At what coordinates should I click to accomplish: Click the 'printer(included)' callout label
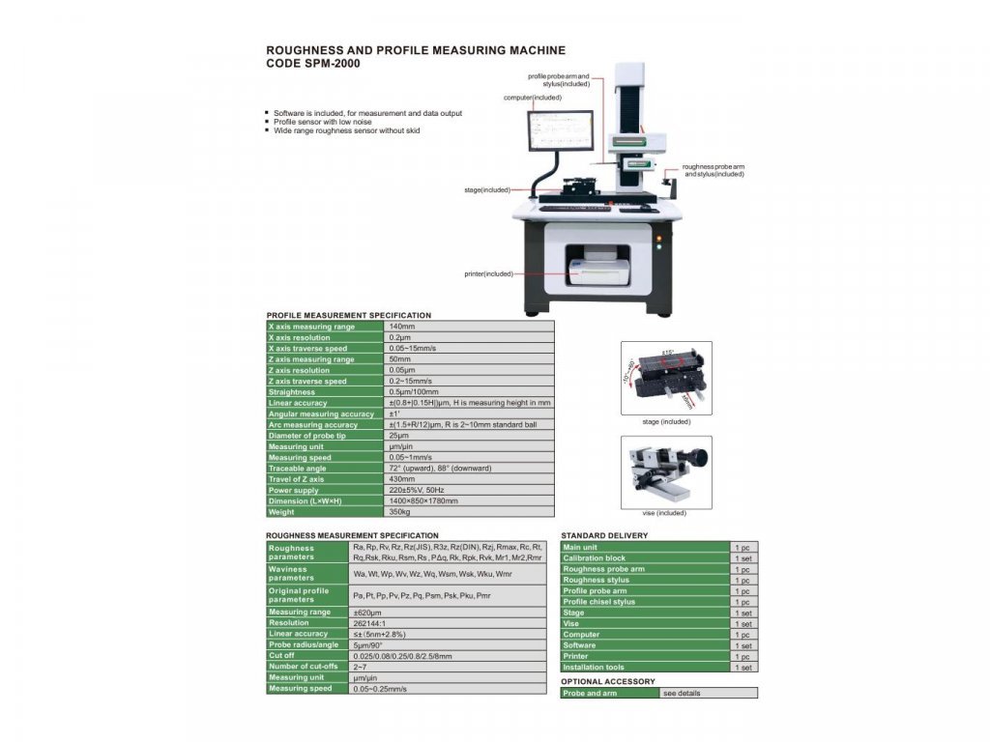click(x=487, y=273)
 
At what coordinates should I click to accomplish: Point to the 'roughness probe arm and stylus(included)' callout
click(x=713, y=170)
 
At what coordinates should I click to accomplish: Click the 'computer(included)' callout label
click(x=532, y=98)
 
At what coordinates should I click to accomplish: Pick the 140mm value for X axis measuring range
click(x=401, y=327)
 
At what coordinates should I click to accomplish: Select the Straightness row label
click(x=292, y=392)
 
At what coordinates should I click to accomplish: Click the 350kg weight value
click(x=399, y=512)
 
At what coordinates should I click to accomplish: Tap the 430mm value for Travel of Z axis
click(x=401, y=479)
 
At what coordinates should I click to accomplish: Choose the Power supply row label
click(x=293, y=490)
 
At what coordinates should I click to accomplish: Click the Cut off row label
click(x=283, y=655)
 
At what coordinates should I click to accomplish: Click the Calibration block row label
click(x=595, y=558)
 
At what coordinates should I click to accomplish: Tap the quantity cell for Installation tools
click(x=743, y=667)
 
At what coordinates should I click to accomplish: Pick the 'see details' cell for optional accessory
click(x=683, y=693)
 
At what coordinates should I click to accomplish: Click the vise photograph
click(x=666, y=471)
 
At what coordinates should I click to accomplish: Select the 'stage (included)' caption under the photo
click(x=666, y=421)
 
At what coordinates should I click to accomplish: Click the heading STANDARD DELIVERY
click(x=604, y=535)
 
